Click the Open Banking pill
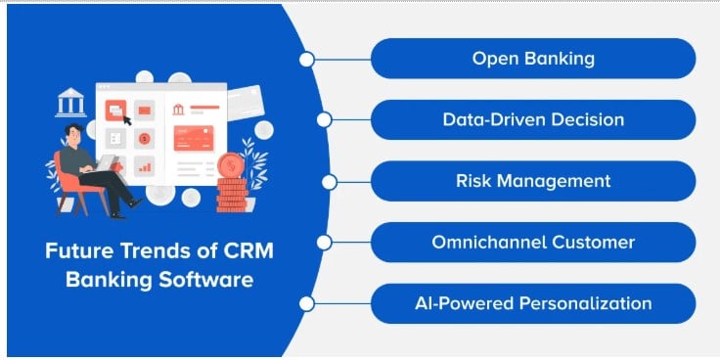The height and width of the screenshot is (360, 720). coord(533,59)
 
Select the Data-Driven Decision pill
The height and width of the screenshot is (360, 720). coord(533,120)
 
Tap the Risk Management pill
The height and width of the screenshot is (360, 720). coord(533,181)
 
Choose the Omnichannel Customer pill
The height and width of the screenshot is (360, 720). coord(533,242)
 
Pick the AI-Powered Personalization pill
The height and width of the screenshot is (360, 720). coord(533,303)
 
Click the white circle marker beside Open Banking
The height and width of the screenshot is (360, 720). coord(306,60)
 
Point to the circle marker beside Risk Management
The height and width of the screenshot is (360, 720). coord(330,181)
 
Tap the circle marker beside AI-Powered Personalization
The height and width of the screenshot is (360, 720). coord(306,303)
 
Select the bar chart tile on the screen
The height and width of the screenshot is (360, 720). coord(144,167)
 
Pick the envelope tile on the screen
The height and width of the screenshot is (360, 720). coord(144,110)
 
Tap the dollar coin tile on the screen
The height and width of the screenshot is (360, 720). coord(144,139)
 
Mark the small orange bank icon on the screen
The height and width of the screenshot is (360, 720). coord(179,109)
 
